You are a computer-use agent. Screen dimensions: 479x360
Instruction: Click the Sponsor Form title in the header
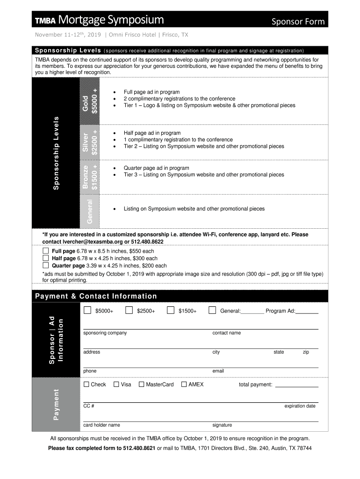(x=299, y=22)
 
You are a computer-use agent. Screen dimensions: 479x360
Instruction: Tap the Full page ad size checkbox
(x=46, y=251)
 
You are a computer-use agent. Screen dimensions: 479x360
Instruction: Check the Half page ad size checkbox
(x=46, y=258)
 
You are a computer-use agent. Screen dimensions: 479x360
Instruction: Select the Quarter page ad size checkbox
(x=46, y=265)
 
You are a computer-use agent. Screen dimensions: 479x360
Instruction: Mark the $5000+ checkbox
(x=87, y=310)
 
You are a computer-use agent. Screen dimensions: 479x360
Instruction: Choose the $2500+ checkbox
(x=129, y=310)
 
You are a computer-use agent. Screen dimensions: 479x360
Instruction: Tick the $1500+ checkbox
(x=171, y=310)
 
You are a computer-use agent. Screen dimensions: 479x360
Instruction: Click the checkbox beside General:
(x=212, y=310)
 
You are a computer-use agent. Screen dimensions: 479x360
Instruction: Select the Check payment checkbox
(x=86, y=385)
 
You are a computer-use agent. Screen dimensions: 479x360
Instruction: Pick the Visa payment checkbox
(x=116, y=385)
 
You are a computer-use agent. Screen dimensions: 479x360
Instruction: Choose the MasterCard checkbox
(x=142, y=385)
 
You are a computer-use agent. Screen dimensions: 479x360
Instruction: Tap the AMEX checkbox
(x=184, y=385)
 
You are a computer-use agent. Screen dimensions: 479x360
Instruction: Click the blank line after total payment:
(x=296, y=385)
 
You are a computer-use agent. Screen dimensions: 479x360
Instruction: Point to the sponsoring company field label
(x=105, y=333)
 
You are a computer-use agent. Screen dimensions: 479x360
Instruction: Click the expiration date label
(x=300, y=406)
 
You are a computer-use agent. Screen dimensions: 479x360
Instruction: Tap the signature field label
(x=222, y=425)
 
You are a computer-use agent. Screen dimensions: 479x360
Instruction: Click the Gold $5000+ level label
(x=90, y=101)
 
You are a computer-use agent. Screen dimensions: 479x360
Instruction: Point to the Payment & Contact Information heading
(x=96, y=296)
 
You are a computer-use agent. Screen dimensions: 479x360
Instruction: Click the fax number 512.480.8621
(x=139, y=448)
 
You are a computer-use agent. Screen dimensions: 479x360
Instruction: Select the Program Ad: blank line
(x=307, y=312)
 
